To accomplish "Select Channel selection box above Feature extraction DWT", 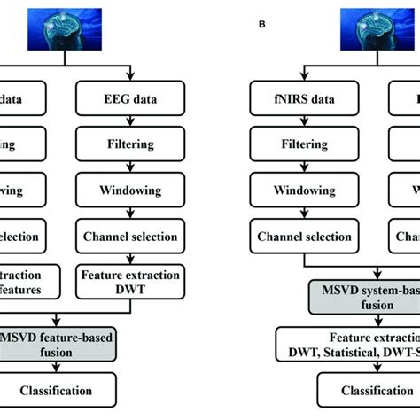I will coord(129,237).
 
